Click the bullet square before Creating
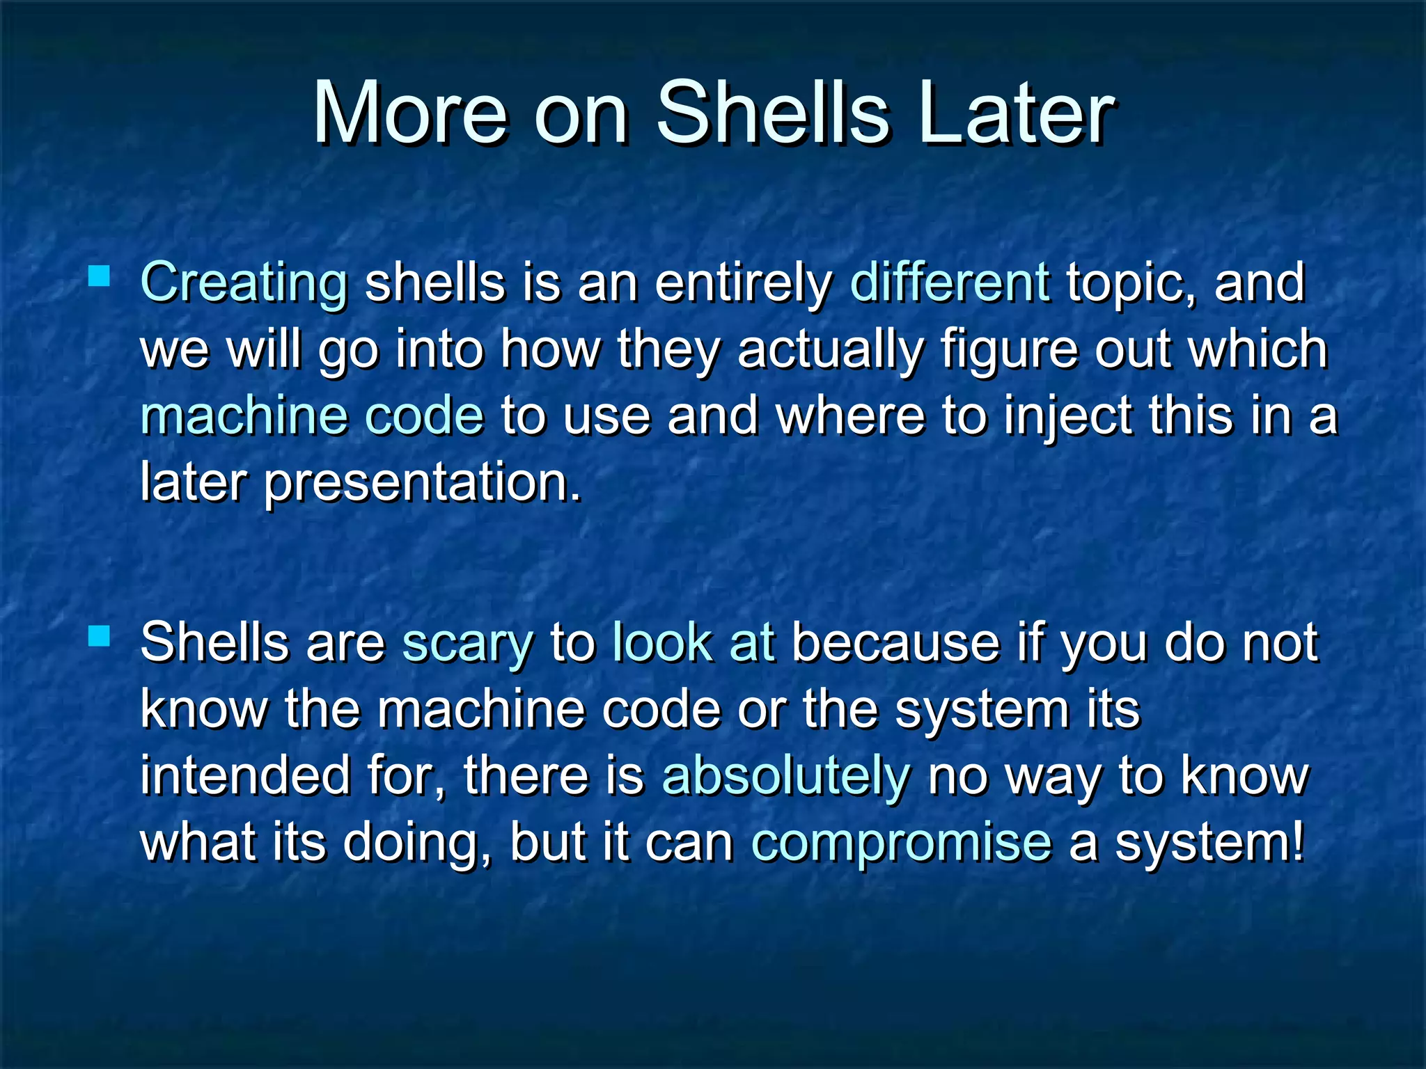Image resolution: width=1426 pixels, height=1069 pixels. tap(100, 276)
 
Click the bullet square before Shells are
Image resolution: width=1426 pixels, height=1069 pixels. tap(100, 635)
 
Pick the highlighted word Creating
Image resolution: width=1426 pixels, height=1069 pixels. tap(244, 283)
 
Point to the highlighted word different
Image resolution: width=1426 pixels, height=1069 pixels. tap(950, 282)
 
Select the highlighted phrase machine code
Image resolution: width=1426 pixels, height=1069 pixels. tap(312, 415)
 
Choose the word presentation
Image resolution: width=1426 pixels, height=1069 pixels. tap(422, 482)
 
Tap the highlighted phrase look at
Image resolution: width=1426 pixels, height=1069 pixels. tap(693, 642)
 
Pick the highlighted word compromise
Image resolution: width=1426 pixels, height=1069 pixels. tap(901, 843)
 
